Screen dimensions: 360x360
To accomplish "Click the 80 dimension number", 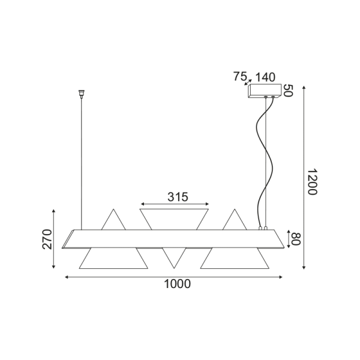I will click(296, 239).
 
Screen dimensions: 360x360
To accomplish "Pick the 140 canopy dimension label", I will click(265, 76).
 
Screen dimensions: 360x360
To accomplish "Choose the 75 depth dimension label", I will click(239, 76).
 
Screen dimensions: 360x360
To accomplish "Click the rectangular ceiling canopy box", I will click(265, 92).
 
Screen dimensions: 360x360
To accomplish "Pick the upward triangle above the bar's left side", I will click(113, 220).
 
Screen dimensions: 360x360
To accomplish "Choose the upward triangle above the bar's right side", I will click(233, 220).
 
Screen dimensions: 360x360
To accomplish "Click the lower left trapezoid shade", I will click(113, 258).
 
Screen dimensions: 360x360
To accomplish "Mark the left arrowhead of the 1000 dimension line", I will click(67, 277).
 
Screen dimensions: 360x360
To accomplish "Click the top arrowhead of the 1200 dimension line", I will click(305, 88).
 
